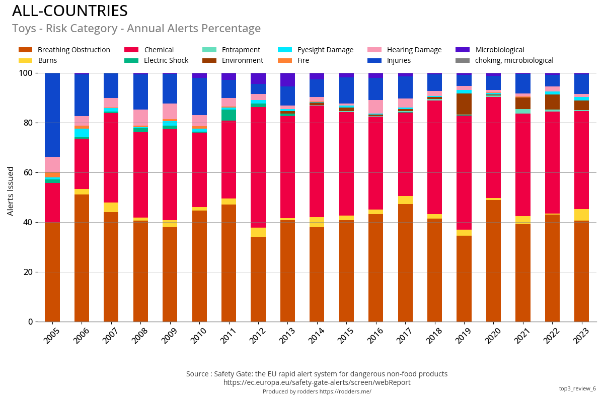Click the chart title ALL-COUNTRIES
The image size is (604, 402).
pos(70,11)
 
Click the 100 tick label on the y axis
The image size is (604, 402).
pos(26,73)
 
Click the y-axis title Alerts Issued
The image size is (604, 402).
pos(11,191)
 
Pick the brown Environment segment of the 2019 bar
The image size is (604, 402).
pos(464,104)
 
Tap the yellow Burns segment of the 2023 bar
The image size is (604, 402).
pos(582,215)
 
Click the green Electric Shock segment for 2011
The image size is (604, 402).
pos(229,115)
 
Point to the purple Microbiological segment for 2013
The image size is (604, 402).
pos(287,80)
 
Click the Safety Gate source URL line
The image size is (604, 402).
pos(317,382)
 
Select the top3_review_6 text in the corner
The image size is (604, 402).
pos(577,388)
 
